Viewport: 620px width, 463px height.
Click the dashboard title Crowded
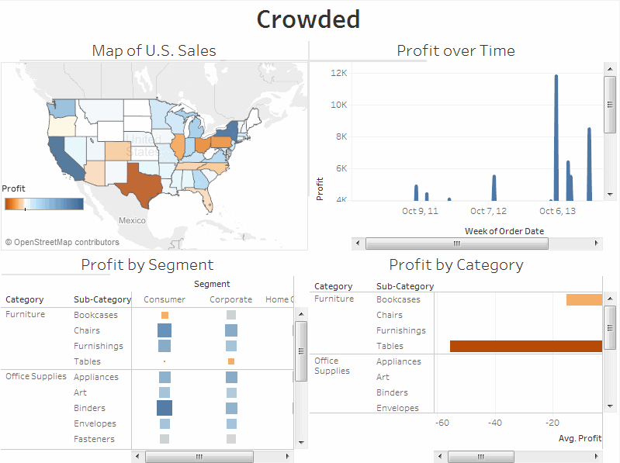pos(308,19)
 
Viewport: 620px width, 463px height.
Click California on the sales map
pos(61,155)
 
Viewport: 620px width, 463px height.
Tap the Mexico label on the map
pos(132,220)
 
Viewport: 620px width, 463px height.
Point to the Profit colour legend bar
pos(43,203)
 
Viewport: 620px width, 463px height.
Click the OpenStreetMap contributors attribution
pos(62,242)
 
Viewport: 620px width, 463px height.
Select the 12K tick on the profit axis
pos(338,73)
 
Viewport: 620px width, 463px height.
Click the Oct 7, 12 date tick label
pos(488,211)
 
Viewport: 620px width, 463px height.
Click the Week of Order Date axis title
pos(504,231)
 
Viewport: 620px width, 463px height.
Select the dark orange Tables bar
pos(525,346)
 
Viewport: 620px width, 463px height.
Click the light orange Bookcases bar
pos(584,299)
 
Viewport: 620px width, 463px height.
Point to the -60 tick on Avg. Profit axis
pos(442,423)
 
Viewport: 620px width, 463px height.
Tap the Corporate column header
pos(230,299)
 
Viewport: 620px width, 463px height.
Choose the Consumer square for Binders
pos(165,408)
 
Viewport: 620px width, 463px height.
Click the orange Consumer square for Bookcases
pos(165,315)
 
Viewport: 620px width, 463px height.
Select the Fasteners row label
pos(94,439)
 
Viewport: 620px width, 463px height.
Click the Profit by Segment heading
pos(147,264)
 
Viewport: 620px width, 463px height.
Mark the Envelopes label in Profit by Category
pos(397,408)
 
